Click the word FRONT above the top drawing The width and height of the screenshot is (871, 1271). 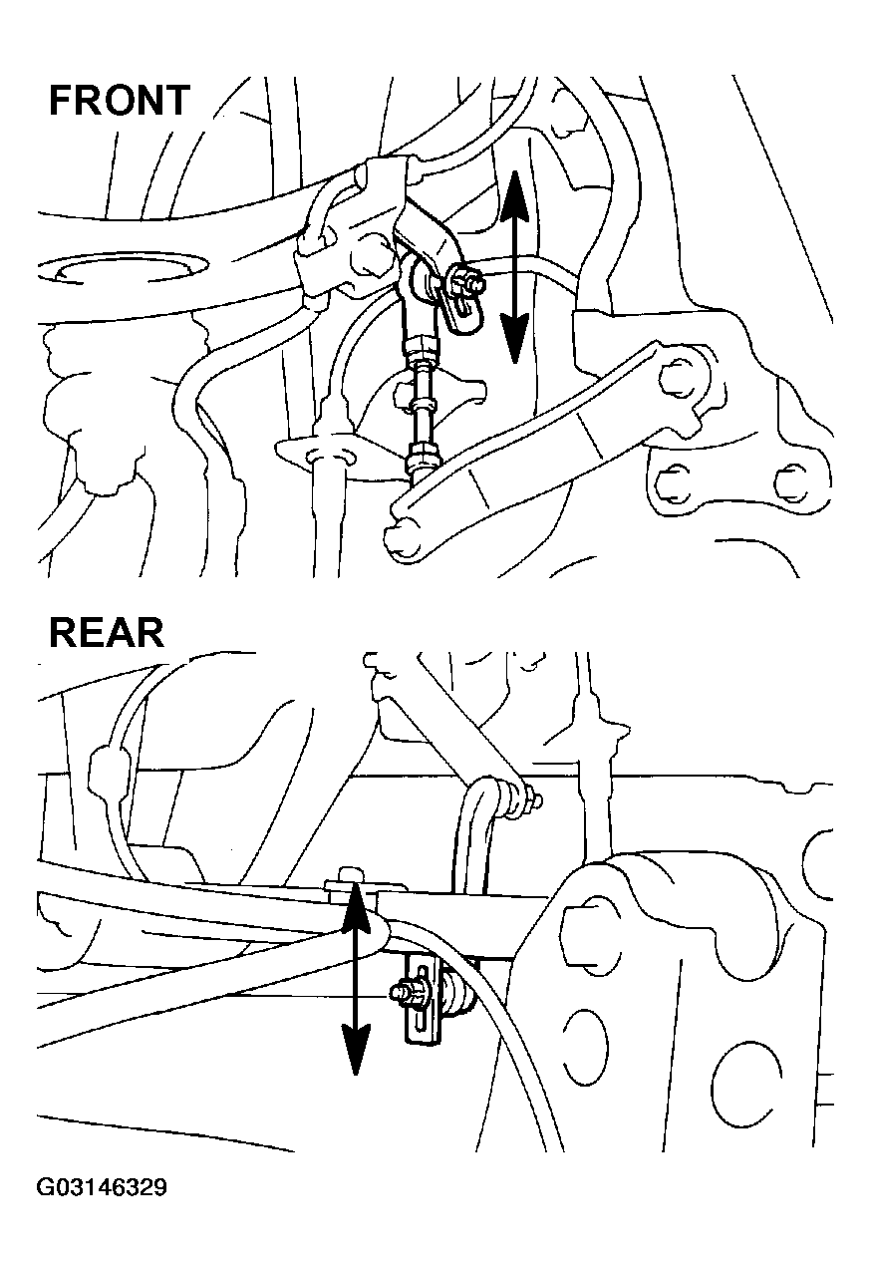pyautogui.click(x=120, y=101)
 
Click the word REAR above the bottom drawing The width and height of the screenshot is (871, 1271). pyautogui.click(x=107, y=633)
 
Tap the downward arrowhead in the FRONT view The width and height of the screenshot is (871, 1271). pyautogui.click(x=514, y=338)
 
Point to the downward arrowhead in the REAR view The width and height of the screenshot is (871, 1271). pyautogui.click(x=355, y=1049)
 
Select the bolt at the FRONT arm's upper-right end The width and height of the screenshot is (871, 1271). pyautogui.click(x=677, y=376)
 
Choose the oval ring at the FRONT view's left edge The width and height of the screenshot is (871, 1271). pyautogui.click(x=122, y=271)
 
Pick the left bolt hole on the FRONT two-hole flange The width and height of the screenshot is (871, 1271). pyautogui.click(x=675, y=481)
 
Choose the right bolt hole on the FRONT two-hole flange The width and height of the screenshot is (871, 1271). pyautogui.click(x=790, y=482)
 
